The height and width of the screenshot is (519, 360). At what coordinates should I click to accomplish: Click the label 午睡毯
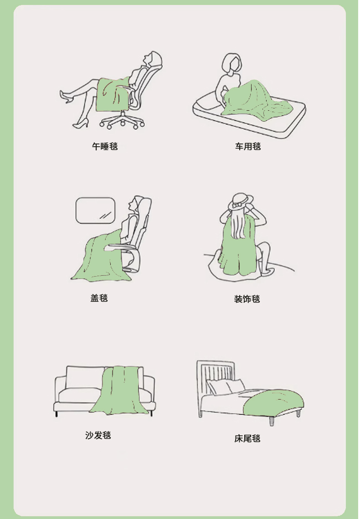pyautogui.click(x=105, y=146)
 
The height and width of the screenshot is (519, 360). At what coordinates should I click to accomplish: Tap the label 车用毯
pyautogui.click(x=248, y=146)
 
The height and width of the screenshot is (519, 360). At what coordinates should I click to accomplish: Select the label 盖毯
pyautogui.click(x=99, y=298)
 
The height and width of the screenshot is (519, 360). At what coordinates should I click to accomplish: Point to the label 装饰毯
pyautogui.click(x=247, y=299)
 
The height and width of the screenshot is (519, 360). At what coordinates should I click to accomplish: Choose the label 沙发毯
pyautogui.click(x=98, y=435)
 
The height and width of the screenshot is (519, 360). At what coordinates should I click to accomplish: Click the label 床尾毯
pyautogui.click(x=247, y=438)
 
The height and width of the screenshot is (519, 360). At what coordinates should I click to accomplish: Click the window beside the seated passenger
pyautogui.click(x=96, y=211)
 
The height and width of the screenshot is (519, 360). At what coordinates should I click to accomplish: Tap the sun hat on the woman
pyautogui.click(x=241, y=201)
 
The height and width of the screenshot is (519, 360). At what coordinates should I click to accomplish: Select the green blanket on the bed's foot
pyautogui.click(x=274, y=402)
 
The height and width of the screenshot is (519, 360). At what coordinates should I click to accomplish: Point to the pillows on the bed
pyautogui.click(x=226, y=386)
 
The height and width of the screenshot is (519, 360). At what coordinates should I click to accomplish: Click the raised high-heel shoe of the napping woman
pyautogui.click(x=66, y=96)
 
